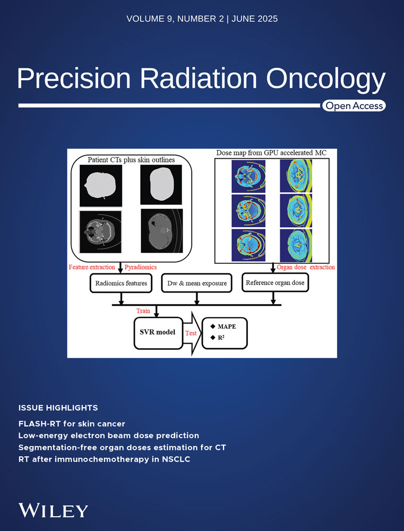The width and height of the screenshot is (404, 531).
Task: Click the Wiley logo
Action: pyautogui.click(x=53, y=510)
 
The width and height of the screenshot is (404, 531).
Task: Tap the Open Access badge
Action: pyautogui.click(x=354, y=106)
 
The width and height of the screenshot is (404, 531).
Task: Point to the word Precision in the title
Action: pyautogui.click(x=74, y=78)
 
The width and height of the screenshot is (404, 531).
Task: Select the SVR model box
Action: pyautogui.click(x=158, y=332)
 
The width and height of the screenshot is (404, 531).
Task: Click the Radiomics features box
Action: pyautogui.click(x=121, y=283)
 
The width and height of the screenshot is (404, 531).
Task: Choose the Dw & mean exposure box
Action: pyautogui.click(x=197, y=283)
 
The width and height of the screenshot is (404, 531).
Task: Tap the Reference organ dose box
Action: pyautogui.click(x=275, y=282)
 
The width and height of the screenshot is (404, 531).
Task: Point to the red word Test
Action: pyautogui.click(x=191, y=333)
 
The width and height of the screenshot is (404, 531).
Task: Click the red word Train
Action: pyautogui.click(x=143, y=311)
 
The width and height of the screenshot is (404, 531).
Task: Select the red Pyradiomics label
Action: pyautogui.click(x=141, y=267)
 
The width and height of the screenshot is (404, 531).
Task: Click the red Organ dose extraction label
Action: pyautogui.click(x=306, y=267)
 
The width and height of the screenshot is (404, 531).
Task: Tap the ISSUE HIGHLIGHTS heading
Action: pyautogui.click(x=58, y=408)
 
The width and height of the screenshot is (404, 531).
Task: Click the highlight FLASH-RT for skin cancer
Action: pyautogui.click(x=72, y=424)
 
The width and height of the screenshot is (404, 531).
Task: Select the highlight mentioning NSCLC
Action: pyautogui.click(x=104, y=459)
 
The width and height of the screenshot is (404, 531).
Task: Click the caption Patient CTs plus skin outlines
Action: pyautogui.click(x=132, y=160)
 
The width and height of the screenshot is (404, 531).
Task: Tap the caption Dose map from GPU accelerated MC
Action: pyautogui.click(x=271, y=153)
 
